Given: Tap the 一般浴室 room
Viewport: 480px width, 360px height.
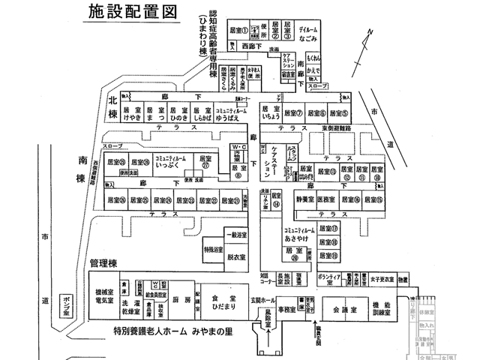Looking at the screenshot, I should pyautogui.click(x=237, y=234).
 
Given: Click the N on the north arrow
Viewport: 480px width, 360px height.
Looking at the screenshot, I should pyautogui.click(x=370, y=31).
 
